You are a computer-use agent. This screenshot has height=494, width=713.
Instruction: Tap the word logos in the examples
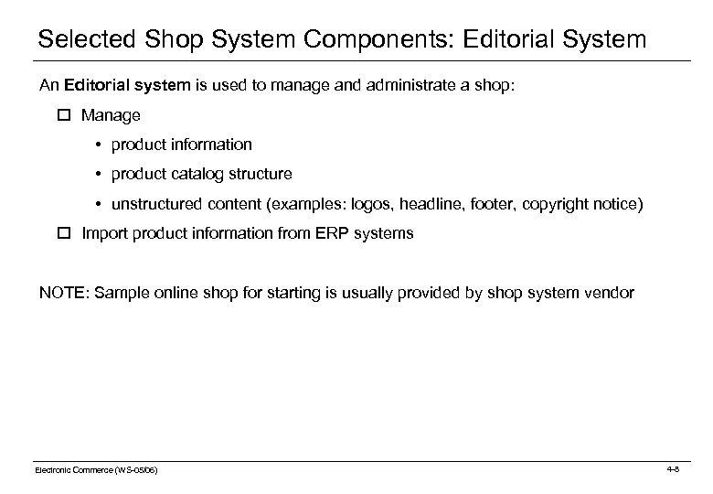click(x=381, y=204)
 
